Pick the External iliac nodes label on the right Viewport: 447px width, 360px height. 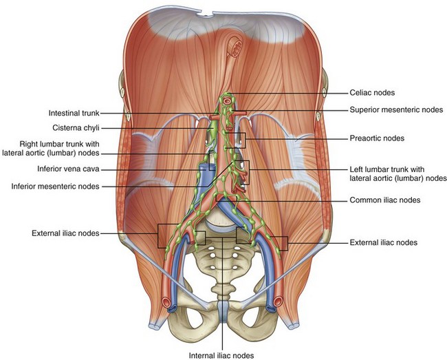(x=384, y=242)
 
